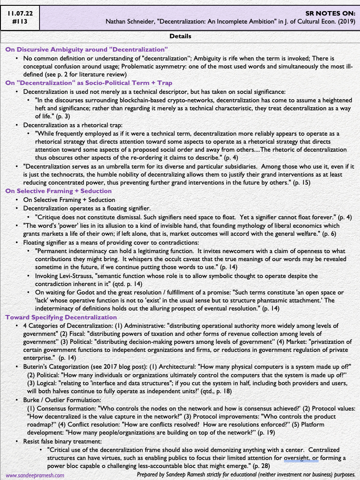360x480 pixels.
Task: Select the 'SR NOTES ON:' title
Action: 331,13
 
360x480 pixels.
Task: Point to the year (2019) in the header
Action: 345,21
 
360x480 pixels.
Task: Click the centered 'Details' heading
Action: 180,36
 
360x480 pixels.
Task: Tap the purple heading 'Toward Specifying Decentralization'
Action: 61,317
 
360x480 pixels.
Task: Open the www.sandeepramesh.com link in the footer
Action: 35,475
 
